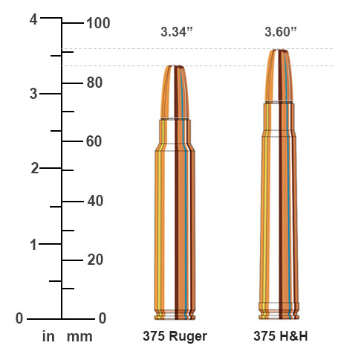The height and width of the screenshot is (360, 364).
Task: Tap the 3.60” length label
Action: (x=279, y=32)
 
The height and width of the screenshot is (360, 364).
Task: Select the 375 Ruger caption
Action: (x=175, y=336)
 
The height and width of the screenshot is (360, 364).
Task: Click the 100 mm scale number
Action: (x=98, y=23)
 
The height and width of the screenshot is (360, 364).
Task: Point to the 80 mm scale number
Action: (x=94, y=82)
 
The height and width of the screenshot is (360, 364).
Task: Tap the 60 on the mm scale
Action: (x=94, y=141)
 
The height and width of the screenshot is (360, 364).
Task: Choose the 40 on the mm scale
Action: (x=94, y=201)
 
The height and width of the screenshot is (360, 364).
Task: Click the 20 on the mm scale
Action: (x=94, y=260)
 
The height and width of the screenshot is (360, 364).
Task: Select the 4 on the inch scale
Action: (x=33, y=20)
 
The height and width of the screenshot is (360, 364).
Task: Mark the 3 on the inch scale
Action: (x=33, y=94)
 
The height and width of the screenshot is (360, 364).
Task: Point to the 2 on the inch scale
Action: (x=33, y=168)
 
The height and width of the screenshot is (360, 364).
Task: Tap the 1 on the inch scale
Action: (x=33, y=244)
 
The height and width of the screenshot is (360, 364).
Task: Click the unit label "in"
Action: (x=48, y=337)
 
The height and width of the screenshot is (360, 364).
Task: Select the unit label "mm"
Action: (x=79, y=337)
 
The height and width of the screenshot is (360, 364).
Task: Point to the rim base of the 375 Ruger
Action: (x=175, y=312)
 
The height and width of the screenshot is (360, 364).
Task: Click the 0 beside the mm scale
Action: (x=103, y=318)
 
